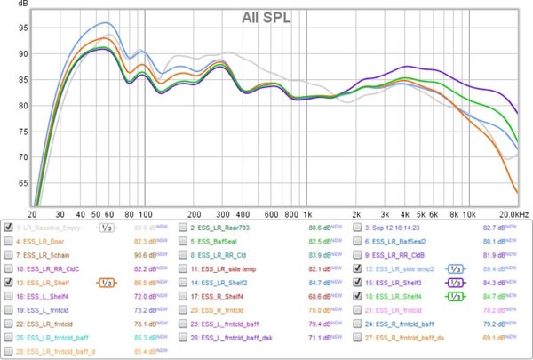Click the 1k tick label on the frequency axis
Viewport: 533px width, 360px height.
click(x=306, y=215)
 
